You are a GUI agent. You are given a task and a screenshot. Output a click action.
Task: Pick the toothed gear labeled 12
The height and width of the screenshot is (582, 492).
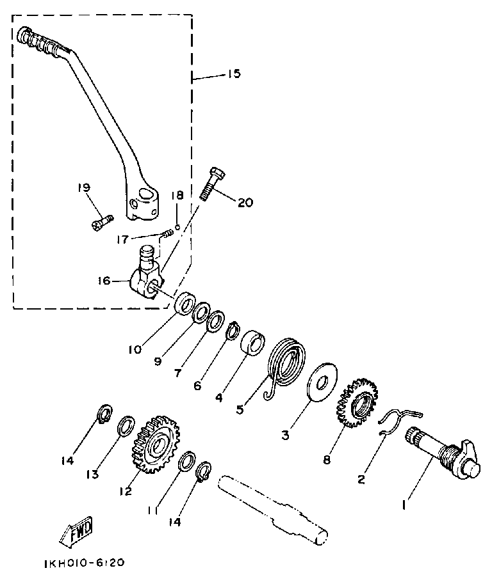(153, 445)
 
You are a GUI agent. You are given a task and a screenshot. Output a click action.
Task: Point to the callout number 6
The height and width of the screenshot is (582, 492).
(198, 386)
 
